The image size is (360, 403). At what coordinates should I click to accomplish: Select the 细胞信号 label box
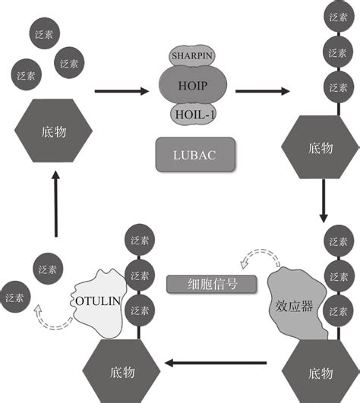coord(201,283)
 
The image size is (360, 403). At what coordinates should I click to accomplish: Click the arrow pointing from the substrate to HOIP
coord(122,92)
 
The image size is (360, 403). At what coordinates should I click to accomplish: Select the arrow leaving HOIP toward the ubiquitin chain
coord(263,92)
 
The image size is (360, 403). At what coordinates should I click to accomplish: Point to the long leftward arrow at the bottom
coord(220,363)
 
